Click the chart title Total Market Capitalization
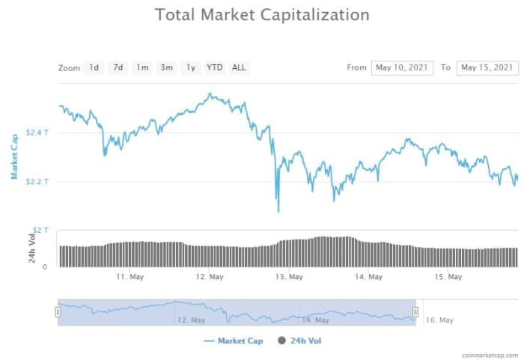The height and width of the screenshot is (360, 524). point(262,15)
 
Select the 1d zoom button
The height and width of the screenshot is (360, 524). point(94,67)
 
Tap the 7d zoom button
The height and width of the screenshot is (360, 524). point(118,67)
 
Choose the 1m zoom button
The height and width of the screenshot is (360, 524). point(142,67)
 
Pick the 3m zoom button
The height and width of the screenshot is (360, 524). point(166,67)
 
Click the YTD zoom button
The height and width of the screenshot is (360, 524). point(215,67)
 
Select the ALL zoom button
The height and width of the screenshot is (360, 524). point(239,67)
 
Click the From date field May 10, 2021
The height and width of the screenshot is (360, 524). point(401,67)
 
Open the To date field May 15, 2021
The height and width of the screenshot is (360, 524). point(487,67)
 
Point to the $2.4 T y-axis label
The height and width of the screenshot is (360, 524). point(37,132)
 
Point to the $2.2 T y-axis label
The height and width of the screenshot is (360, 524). point(37,182)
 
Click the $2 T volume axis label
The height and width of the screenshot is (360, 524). point(40,230)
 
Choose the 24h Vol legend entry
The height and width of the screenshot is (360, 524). point(299,341)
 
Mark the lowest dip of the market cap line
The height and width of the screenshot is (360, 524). point(278,211)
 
